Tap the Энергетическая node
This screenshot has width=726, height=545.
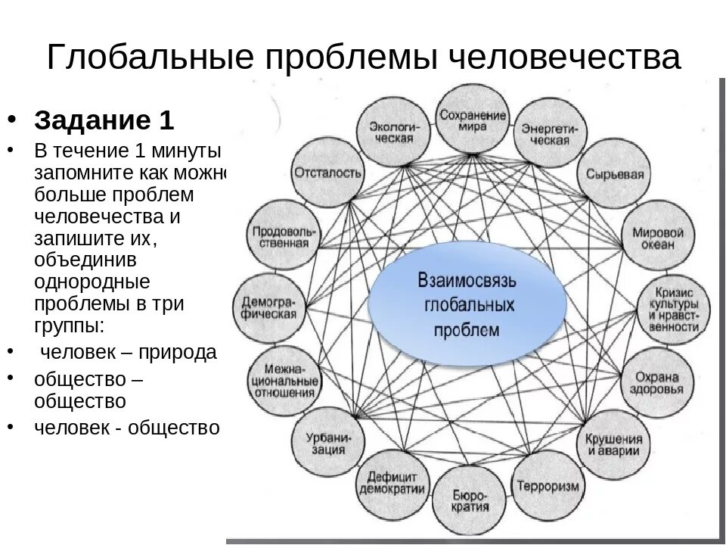548,135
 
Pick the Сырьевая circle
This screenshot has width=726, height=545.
614,173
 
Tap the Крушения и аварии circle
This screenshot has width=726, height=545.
613,444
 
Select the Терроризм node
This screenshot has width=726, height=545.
548,485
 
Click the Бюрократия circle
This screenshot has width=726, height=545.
471,501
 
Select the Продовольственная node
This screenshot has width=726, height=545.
281,237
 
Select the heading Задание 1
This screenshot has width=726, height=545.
104,121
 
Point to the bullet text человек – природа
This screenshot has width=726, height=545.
128,352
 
